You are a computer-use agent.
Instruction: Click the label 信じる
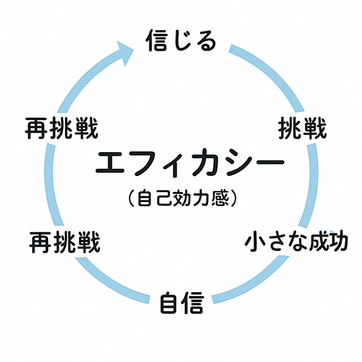click(x=181, y=40)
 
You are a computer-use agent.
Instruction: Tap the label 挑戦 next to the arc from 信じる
click(x=302, y=128)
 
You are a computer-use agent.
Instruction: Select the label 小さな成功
click(x=297, y=242)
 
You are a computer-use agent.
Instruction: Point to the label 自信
click(x=182, y=303)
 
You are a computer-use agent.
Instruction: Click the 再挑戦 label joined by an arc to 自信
click(x=65, y=242)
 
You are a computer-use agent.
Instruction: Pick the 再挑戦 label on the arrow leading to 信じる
click(x=61, y=128)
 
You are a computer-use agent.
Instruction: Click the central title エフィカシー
click(x=190, y=162)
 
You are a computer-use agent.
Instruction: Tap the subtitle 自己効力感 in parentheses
click(x=182, y=198)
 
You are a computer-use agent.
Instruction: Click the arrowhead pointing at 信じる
click(x=125, y=53)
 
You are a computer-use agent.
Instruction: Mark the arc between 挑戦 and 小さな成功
click(x=313, y=185)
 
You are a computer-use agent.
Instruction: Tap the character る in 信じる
click(x=206, y=41)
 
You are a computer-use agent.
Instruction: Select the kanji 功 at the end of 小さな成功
click(x=339, y=242)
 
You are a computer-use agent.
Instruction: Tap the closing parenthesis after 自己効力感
click(x=234, y=198)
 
